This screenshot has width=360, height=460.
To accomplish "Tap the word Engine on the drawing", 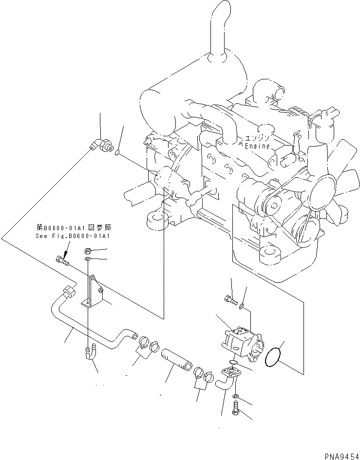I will pos(257,146).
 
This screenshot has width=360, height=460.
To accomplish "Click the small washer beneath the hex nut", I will pos(87,260).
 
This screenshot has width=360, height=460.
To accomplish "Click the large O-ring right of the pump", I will pos(274,357).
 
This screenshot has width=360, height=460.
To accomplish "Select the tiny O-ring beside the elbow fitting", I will pos(117,154).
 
